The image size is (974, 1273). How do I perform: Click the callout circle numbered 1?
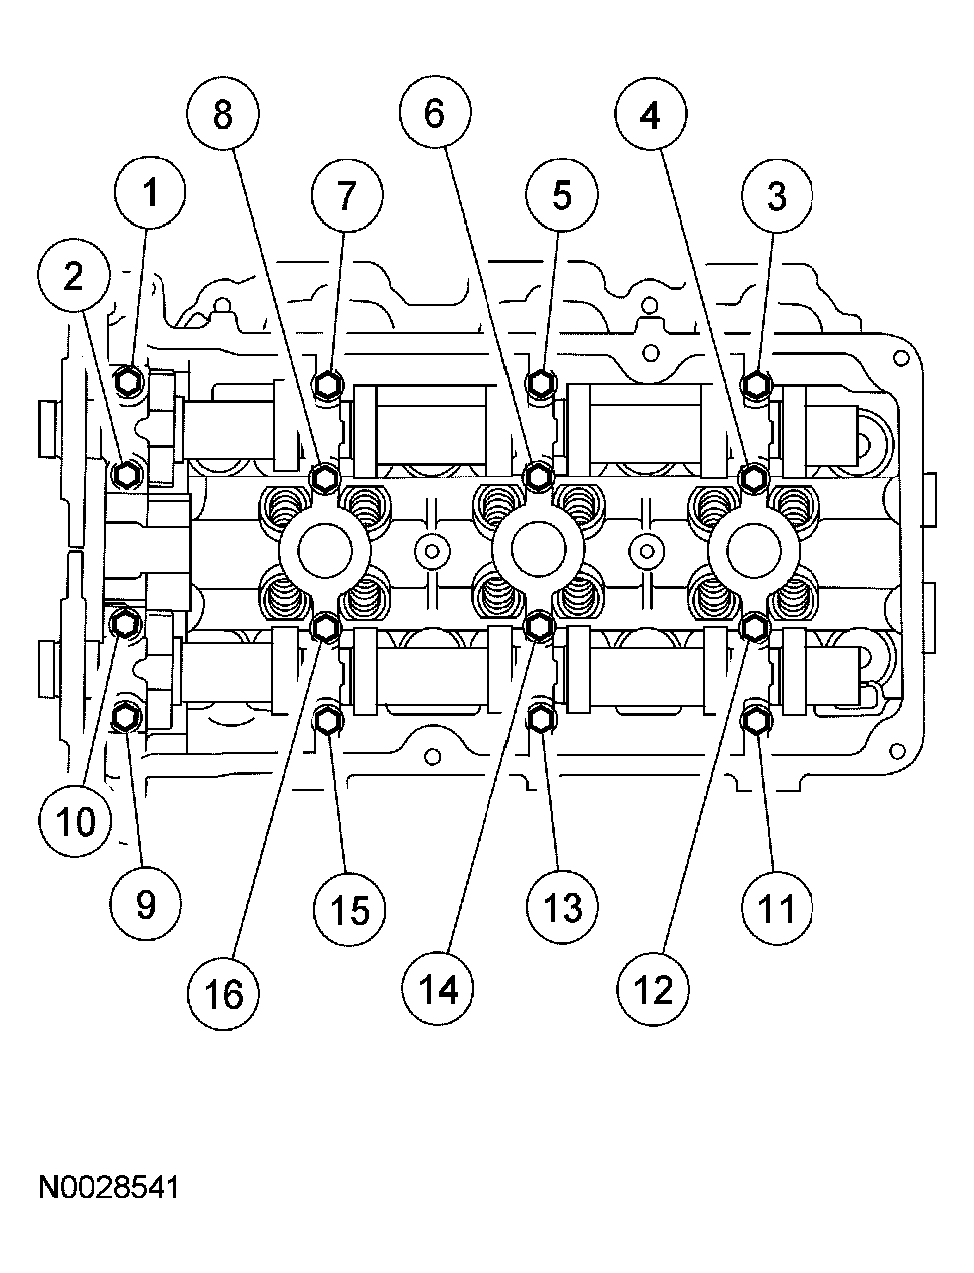[x=150, y=193]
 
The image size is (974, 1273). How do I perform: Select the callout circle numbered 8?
[x=222, y=115]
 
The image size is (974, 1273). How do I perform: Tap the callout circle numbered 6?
[x=434, y=115]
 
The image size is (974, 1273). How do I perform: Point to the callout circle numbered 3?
[x=776, y=196]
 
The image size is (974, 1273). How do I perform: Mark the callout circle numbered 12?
[x=652, y=989]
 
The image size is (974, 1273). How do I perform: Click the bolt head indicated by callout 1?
[x=127, y=380]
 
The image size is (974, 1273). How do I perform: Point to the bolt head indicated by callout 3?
[x=756, y=383]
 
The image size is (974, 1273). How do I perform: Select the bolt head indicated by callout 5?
[x=539, y=382]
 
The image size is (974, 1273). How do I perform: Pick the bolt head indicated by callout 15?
[x=326, y=717]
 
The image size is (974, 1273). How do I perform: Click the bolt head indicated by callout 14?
[x=539, y=626]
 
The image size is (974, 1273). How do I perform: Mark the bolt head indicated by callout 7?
[x=326, y=383]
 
